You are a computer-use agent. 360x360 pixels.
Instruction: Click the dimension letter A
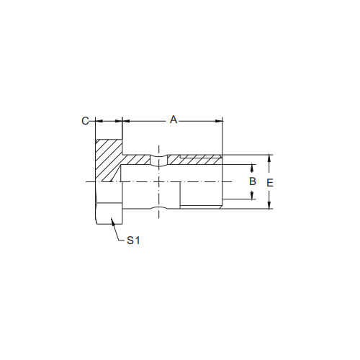point(173,120)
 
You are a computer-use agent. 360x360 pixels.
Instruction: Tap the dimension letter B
point(253,181)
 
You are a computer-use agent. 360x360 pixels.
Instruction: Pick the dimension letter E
point(269,183)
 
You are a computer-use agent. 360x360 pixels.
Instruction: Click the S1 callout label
point(132,242)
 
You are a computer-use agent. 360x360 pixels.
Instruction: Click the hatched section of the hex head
point(107,158)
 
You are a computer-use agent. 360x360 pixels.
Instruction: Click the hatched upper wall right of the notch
point(194,160)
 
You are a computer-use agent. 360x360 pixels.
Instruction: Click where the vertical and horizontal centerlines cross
point(158,181)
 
